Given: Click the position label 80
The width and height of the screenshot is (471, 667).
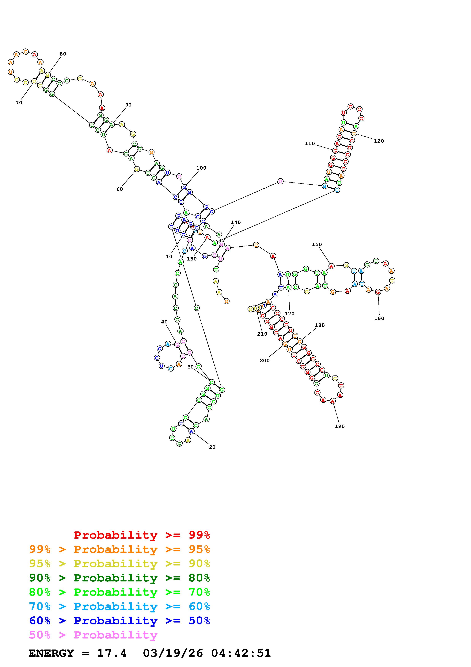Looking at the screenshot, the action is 63,54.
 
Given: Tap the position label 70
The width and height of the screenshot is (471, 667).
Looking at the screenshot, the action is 19,102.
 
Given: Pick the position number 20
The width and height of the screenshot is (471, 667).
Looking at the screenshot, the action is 212,447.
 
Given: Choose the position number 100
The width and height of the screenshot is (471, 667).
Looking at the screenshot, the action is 201,168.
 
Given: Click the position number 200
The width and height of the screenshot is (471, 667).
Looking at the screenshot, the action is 264,360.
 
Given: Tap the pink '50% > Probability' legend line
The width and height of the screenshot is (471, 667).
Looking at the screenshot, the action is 93,635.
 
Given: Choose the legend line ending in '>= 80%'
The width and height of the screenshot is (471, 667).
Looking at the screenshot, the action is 120,578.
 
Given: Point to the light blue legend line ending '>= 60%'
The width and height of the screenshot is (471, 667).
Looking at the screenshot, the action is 120,606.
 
